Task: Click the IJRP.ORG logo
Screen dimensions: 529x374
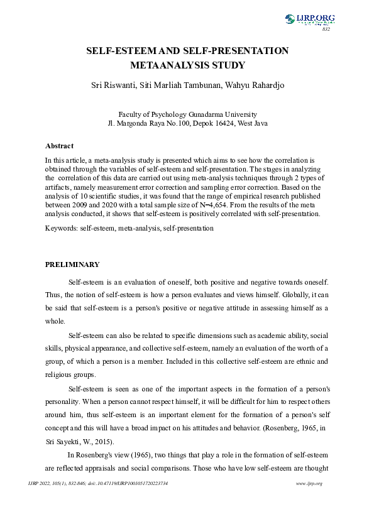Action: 310,19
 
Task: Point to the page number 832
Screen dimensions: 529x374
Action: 326,30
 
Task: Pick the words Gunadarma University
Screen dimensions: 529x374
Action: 223,114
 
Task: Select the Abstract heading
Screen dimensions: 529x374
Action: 59,146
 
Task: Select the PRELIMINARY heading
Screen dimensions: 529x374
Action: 72,264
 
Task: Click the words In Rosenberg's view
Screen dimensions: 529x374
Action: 102,454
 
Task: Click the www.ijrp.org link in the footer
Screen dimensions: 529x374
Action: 309,483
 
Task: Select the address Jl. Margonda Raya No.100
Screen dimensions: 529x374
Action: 147,123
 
